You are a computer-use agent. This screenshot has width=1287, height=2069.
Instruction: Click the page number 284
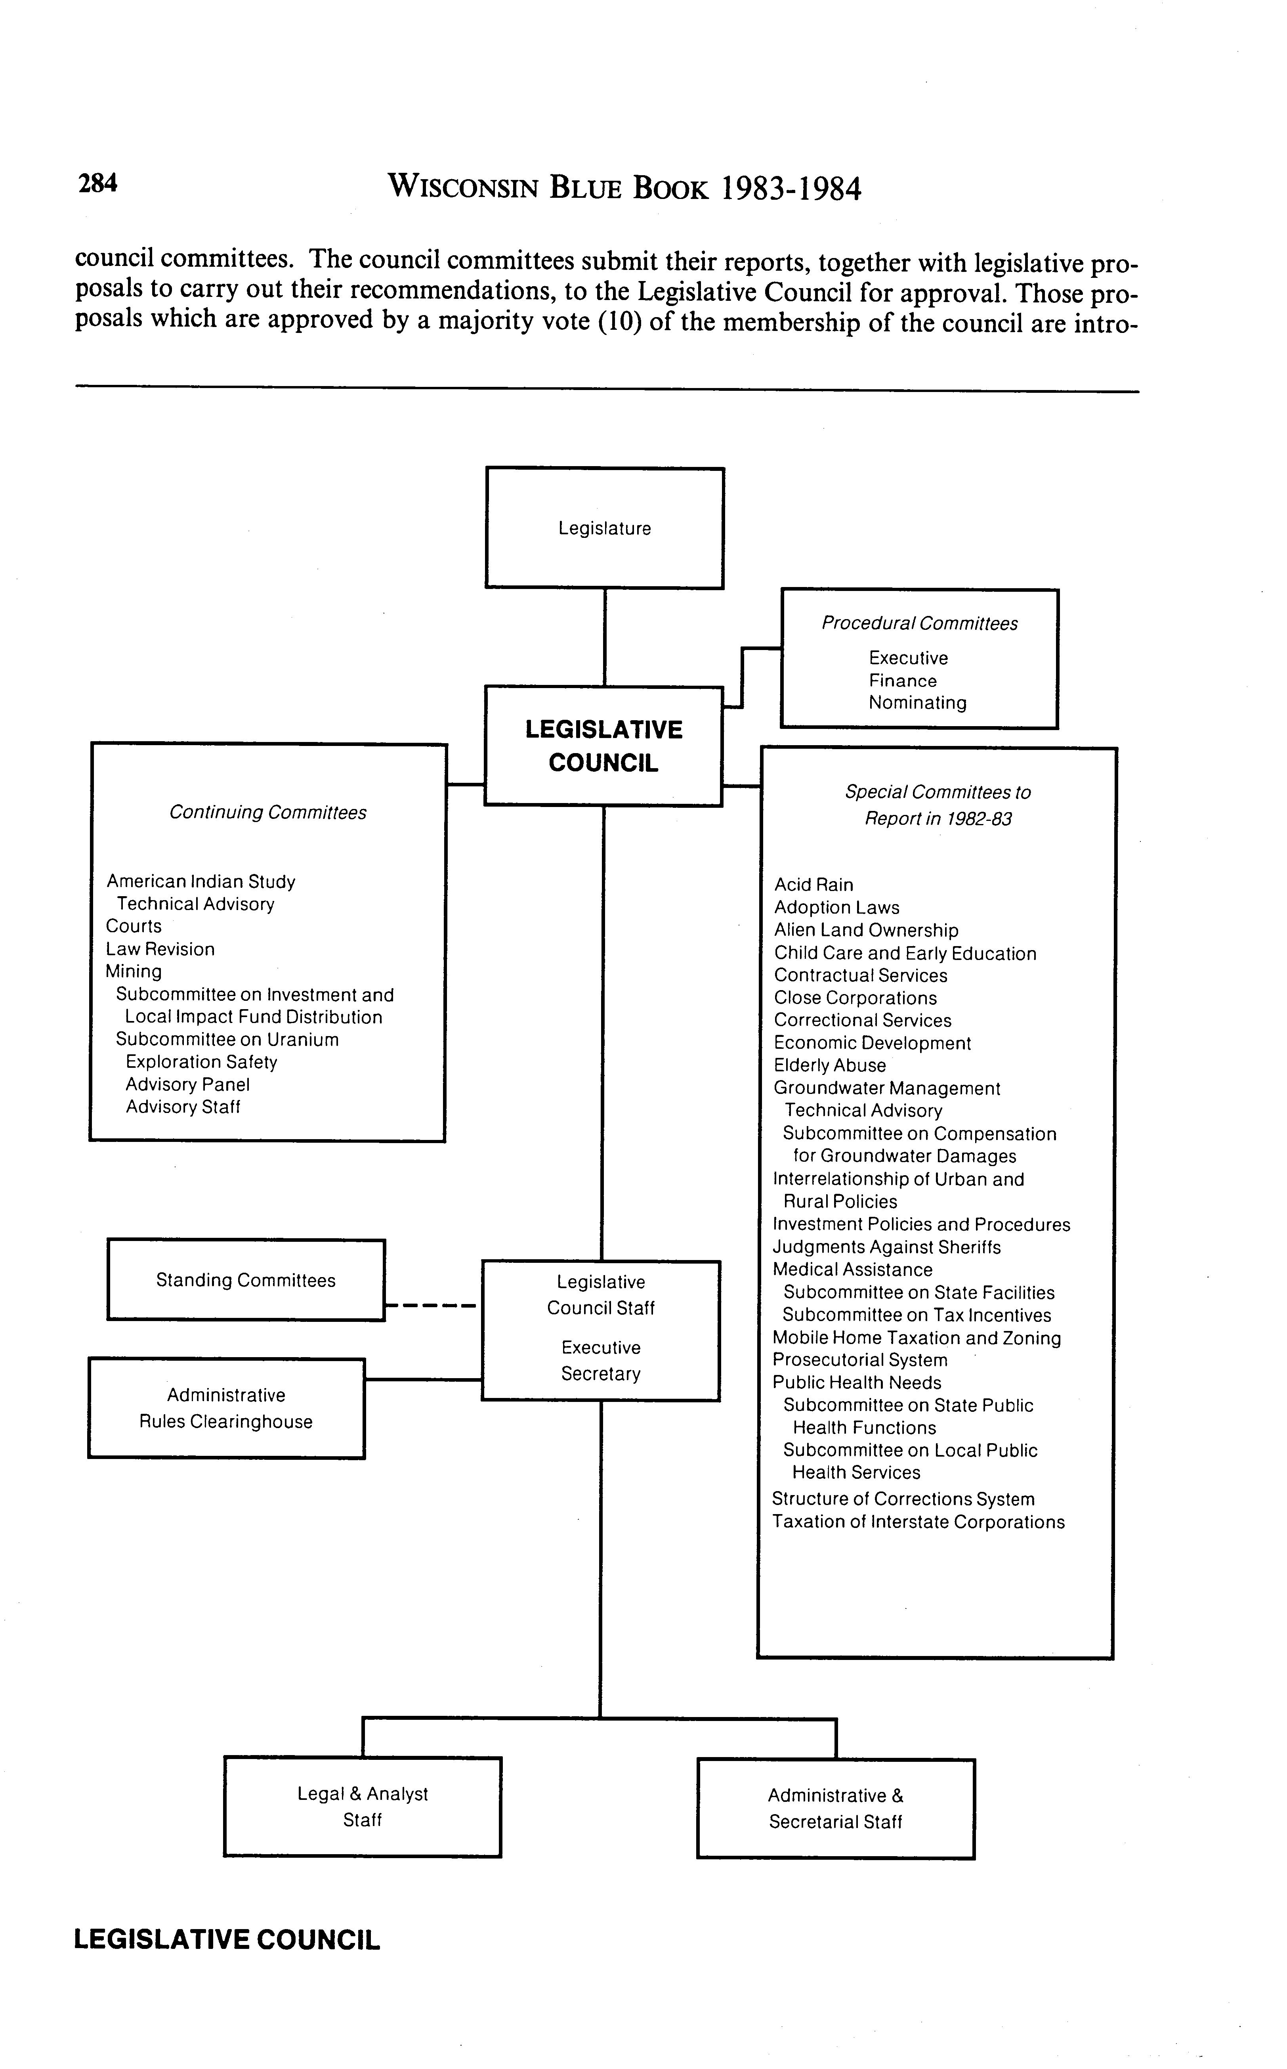pos(98,183)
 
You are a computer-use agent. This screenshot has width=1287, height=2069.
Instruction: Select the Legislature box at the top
pos(604,528)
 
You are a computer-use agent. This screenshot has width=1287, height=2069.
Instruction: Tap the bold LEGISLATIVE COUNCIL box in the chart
pos(603,746)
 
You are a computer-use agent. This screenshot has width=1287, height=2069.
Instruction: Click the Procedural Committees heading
pos(919,623)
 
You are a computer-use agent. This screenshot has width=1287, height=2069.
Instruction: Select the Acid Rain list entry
pos(814,885)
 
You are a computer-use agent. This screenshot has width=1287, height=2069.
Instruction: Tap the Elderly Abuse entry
pos(830,1065)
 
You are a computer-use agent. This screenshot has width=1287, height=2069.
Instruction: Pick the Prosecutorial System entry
pos(860,1360)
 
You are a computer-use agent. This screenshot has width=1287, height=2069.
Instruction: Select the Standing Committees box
pos(246,1280)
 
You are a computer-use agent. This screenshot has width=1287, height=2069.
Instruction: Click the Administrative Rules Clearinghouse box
pos(226,1408)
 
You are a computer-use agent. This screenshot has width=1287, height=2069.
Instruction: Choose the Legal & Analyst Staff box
pos(363,1807)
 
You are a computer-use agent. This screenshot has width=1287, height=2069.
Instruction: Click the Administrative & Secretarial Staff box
pos(836,1809)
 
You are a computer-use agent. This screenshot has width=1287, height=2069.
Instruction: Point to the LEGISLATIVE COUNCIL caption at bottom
pos(227,1939)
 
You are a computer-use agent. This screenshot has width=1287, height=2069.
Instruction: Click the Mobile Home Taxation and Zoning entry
pos(917,1338)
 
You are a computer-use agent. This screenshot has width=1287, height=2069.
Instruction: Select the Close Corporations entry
pos(855,998)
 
